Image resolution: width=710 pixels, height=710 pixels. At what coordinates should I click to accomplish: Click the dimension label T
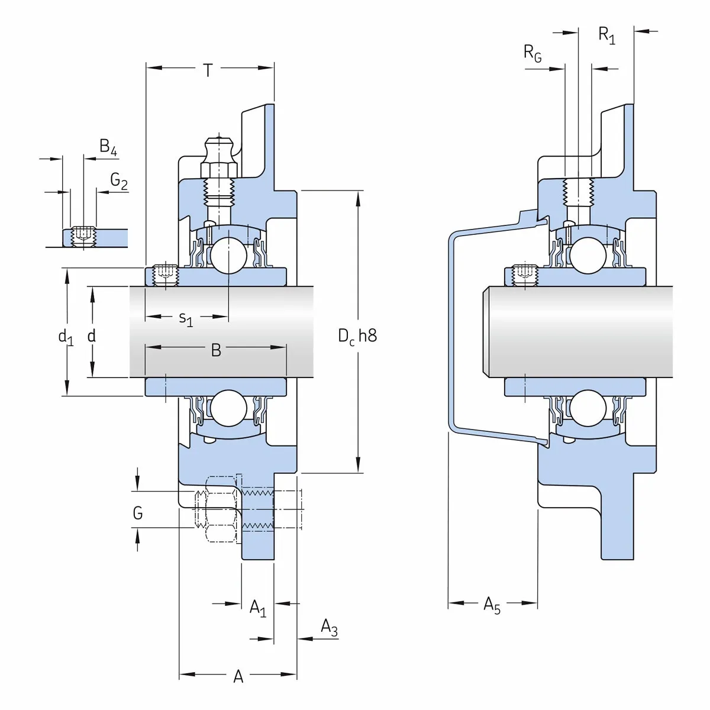point(208,70)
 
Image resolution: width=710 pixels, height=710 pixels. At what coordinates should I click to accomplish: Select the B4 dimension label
point(108,147)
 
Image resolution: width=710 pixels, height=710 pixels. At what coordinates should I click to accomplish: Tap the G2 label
point(119,181)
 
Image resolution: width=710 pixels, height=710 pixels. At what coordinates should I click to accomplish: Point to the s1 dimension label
point(186,319)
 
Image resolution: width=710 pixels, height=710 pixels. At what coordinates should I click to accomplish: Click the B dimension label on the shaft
point(216,350)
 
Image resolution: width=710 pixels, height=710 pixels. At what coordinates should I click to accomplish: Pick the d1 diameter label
point(66,337)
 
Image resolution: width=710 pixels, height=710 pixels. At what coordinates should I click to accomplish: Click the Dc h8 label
point(357,336)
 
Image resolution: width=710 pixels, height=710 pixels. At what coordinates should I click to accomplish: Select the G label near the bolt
point(138,512)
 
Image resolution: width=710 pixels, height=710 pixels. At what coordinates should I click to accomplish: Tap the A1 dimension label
point(257,608)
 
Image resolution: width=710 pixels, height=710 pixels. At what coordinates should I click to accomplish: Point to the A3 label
point(329,627)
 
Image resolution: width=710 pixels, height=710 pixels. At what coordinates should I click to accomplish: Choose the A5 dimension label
point(492,605)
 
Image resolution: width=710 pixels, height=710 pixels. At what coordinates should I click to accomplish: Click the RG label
point(532,53)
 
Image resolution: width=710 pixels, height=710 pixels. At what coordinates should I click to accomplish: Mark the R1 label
point(606,35)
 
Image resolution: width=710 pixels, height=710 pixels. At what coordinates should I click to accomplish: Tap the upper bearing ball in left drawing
point(229,255)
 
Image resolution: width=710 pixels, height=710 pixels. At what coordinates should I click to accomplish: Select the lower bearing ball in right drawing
point(588,408)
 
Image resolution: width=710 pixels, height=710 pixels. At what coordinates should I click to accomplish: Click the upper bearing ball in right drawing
point(588,255)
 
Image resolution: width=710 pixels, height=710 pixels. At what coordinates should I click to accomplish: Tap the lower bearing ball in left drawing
point(229,408)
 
